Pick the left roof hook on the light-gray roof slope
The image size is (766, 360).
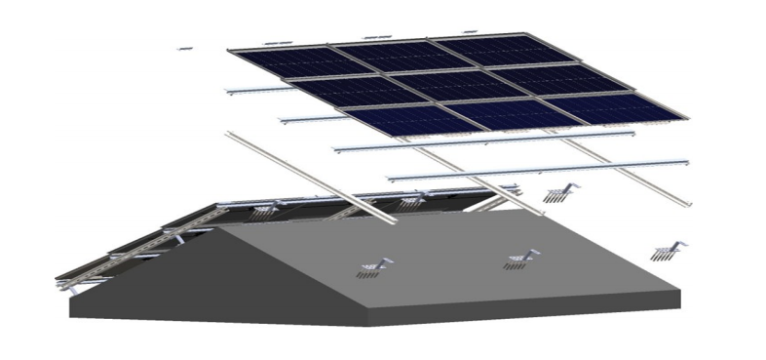click(376, 265)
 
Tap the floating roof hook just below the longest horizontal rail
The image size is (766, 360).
click(559, 191)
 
